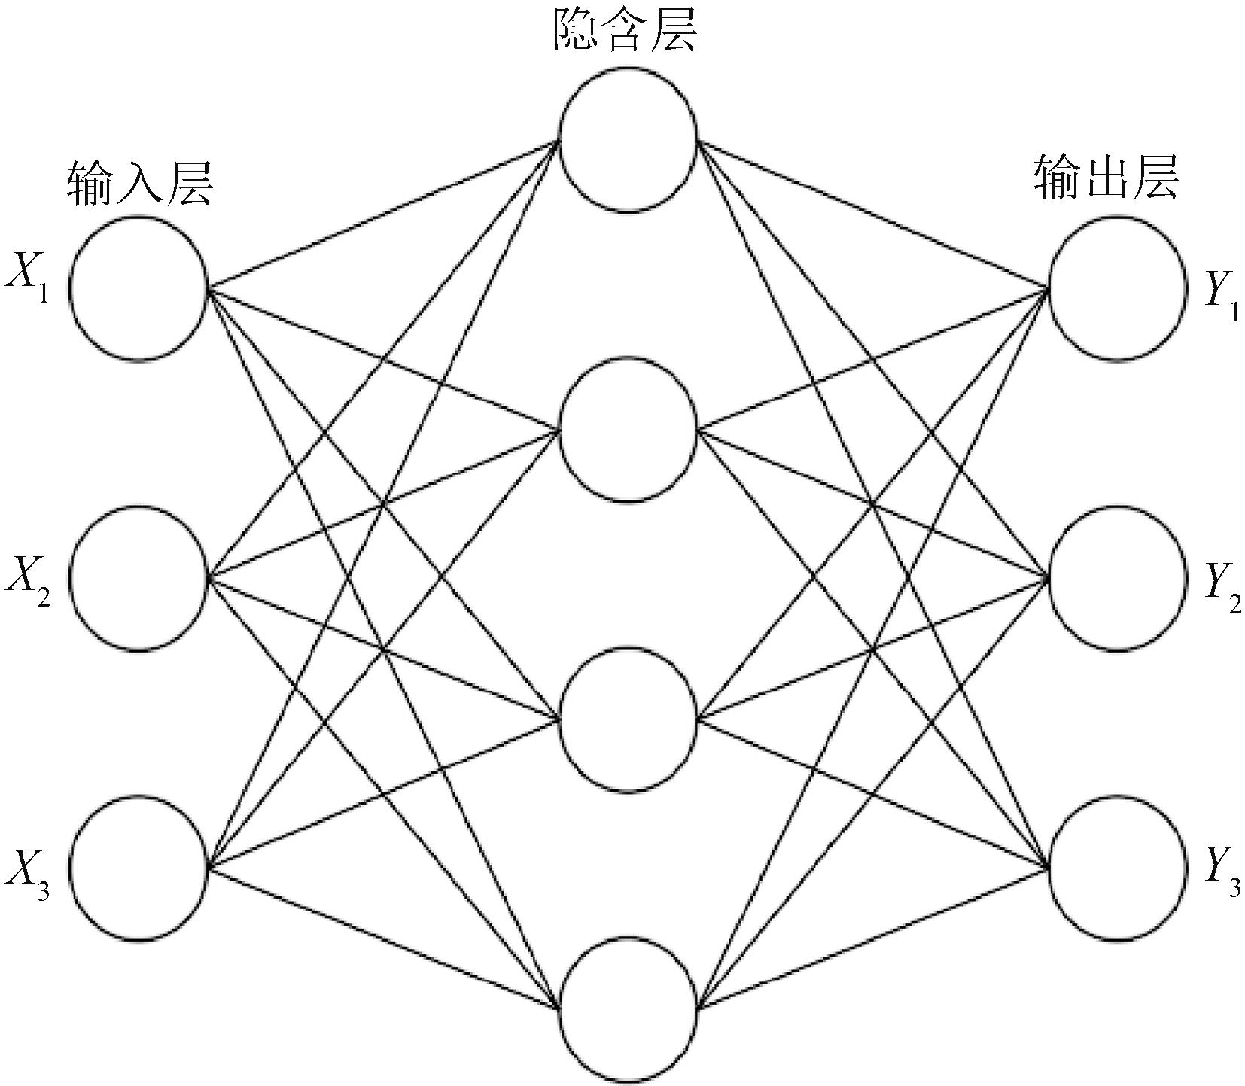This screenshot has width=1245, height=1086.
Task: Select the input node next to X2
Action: pyautogui.click(x=139, y=577)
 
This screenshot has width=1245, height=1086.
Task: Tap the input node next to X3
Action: pyautogui.click(x=139, y=868)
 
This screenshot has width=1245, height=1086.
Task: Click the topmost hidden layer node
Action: pyautogui.click(x=627, y=140)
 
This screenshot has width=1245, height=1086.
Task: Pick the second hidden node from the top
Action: pyautogui.click(x=627, y=430)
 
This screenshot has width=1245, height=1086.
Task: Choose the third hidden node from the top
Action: pyautogui.click(x=627, y=720)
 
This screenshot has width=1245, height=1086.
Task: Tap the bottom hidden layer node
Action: pyautogui.click(x=627, y=1009)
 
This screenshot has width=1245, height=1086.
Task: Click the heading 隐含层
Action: pyautogui.click(x=624, y=32)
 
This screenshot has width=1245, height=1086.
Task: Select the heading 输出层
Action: pyautogui.click(x=1106, y=179)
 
